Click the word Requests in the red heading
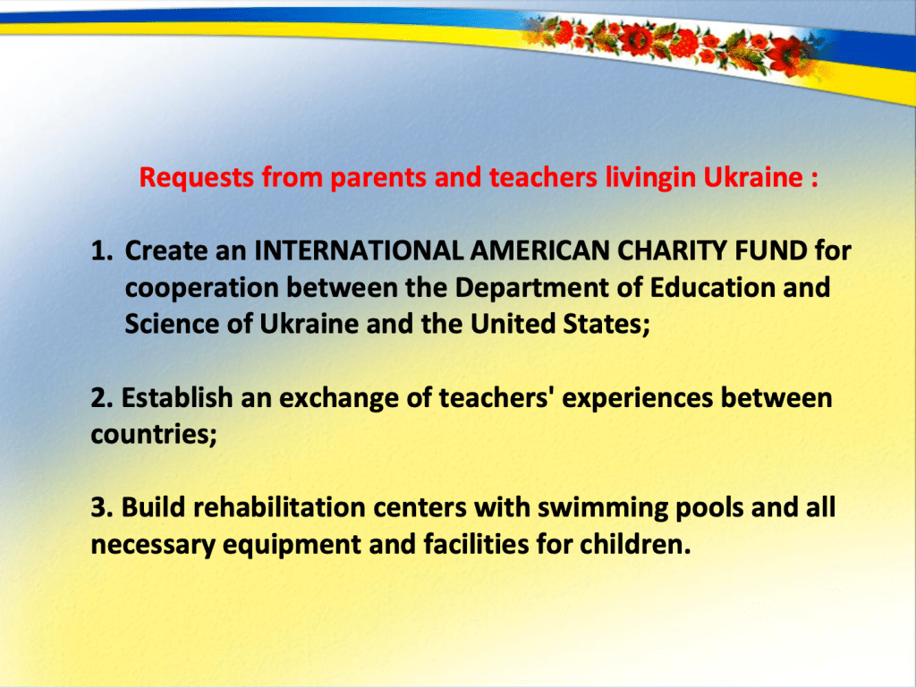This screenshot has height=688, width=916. point(196,178)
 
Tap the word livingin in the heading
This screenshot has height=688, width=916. point(650,178)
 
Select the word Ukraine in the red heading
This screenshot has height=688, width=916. point(753,177)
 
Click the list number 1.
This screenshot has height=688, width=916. point(102,251)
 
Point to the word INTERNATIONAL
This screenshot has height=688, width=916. point(359,251)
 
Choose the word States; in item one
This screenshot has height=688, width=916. point(606,325)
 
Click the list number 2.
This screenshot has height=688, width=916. point(102,398)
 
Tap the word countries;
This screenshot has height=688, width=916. point(154,435)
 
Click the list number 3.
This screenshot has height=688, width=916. point(102,507)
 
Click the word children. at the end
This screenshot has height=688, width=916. point(636,544)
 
